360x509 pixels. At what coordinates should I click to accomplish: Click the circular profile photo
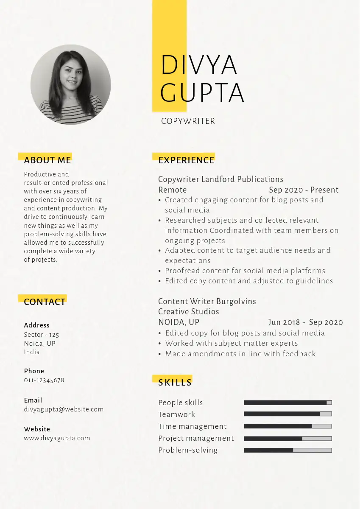pyautogui.click(x=71, y=85)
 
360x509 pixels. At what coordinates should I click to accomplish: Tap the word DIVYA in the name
pyautogui.click(x=198, y=65)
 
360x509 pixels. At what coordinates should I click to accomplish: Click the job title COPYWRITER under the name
pyautogui.click(x=188, y=121)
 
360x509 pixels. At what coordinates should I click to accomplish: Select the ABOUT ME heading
pyautogui.click(x=47, y=160)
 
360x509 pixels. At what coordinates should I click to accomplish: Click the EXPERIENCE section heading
pyautogui.click(x=186, y=160)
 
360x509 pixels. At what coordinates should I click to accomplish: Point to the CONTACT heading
pyautogui.click(x=45, y=302)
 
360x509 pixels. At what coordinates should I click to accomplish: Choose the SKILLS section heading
pyautogui.click(x=175, y=383)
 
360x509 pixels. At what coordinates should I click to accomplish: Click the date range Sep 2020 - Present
pyautogui.click(x=304, y=190)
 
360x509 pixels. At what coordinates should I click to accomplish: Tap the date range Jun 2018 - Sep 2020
pyautogui.click(x=305, y=322)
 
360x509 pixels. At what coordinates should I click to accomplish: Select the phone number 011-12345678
pyautogui.click(x=44, y=380)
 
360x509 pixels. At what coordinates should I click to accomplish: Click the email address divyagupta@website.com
pyautogui.click(x=64, y=409)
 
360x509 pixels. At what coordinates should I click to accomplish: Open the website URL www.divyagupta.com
pyautogui.click(x=57, y=438)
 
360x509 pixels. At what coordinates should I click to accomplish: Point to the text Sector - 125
pyautogui.click(x=42, y=335)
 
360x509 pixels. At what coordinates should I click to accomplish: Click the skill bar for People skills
pyautogui.click(x=288, y=403)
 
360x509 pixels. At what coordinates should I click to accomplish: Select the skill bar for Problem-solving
pyautogui.click(x=288, y=450)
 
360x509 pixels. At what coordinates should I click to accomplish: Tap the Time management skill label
pyautogui.click(x=193, y=426)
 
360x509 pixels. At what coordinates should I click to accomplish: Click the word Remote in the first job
pyautogui.click(x=173, y=190)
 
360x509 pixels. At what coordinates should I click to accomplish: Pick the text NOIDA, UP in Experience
pyautogui.click(x=179, y=322)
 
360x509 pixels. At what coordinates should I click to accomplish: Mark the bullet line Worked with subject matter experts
pyautogui.click(x=232, y=343)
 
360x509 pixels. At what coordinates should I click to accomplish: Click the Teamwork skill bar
pyautogui.click(x=288, y=414)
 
